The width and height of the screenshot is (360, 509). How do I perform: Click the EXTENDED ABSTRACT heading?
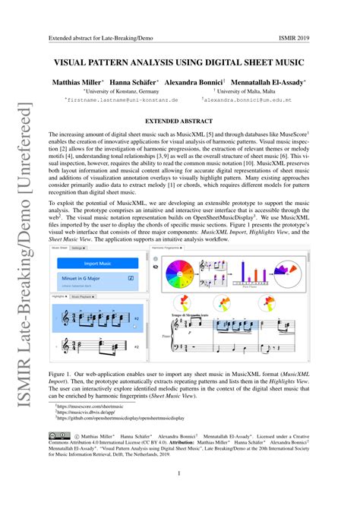tap(180, 119)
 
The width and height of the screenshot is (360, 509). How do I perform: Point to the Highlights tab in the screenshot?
tap(61, 296)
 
